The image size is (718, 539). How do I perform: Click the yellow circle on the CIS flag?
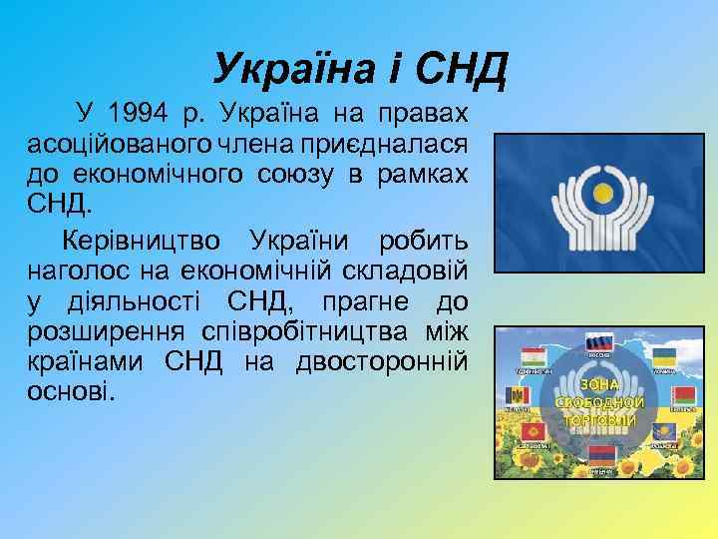coord(599,192)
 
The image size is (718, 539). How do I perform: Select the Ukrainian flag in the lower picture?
coord(665,356)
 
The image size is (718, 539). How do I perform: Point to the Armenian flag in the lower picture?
coord(599,455)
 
